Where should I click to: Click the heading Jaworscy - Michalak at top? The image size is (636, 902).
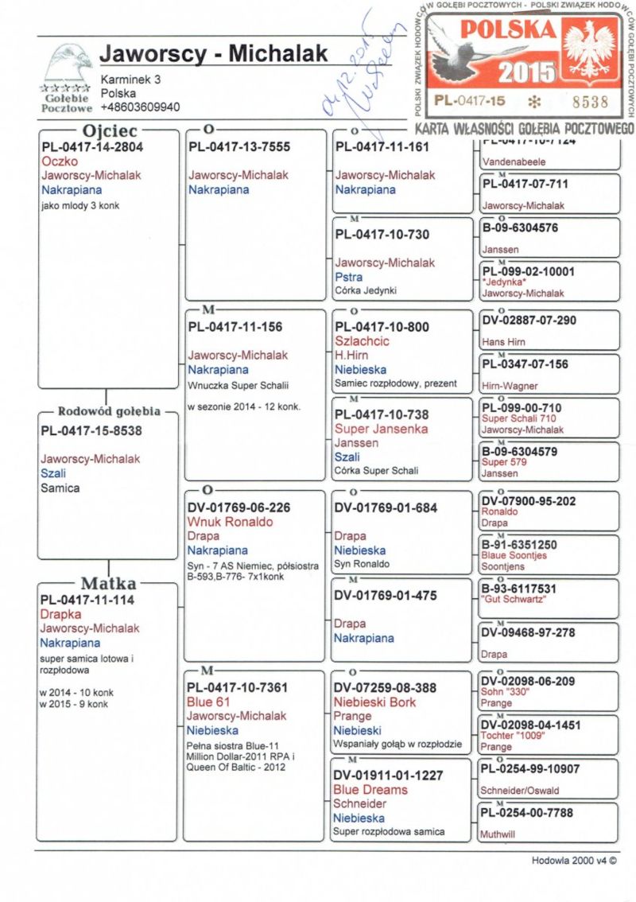(214, 54)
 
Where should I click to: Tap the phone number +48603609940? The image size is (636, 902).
(140, 107)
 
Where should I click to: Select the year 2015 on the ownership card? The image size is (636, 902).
(527, 72)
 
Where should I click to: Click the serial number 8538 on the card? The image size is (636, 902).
(588, 101)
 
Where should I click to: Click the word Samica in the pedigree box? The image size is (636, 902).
(60, 488)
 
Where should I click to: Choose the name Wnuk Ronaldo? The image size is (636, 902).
(231, 522)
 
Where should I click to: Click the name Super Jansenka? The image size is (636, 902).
(381, 429)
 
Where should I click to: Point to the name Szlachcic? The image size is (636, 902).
(362, 340)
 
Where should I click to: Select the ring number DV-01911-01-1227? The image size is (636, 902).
(389, 775)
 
